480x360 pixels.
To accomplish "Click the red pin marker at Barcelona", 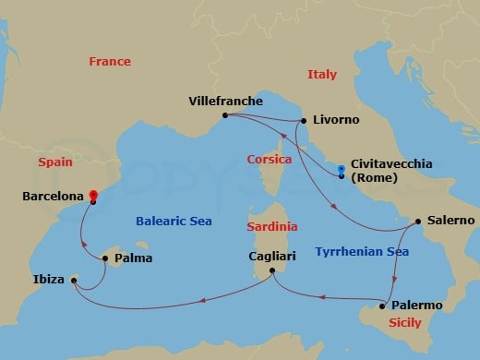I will pos(92,196).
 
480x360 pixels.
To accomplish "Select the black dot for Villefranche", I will pos(224,115).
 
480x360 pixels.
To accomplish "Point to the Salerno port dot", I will pos(415,221).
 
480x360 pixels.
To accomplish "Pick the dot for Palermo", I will pos(381,306).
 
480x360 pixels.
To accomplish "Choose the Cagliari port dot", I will pos(271,270).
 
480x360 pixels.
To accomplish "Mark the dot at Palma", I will pos(104,258).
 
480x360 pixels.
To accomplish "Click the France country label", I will pos(109,62).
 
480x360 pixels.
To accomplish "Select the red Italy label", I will pos(322,75).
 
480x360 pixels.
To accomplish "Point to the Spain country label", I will pos(54,162).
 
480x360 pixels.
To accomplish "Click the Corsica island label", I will pos(270,159).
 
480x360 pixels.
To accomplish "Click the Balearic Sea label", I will pos(174,221).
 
